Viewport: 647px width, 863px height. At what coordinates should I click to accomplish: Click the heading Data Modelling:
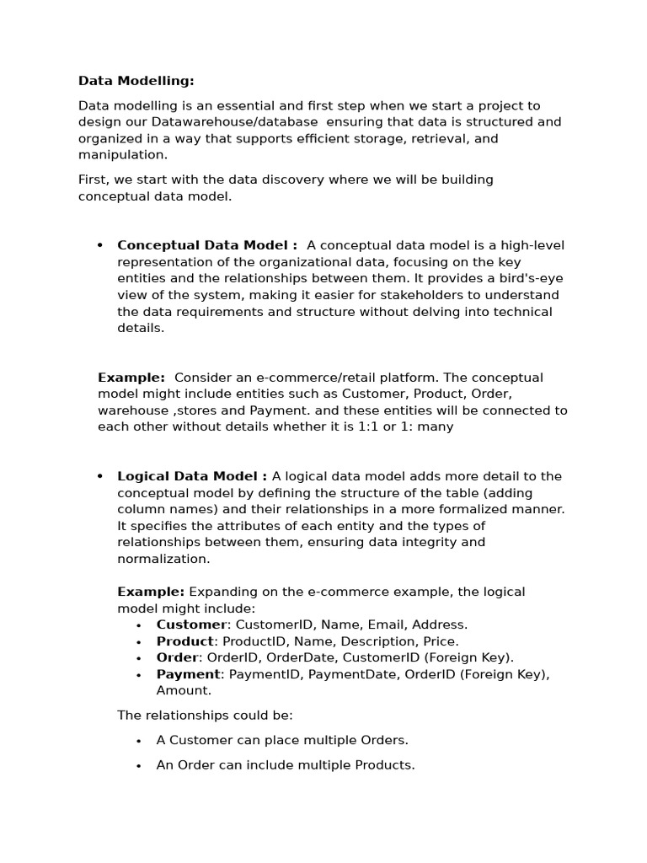[136, 81]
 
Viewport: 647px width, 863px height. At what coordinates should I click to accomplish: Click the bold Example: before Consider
[131, 378]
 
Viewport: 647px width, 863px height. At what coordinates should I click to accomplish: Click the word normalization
[163, 559]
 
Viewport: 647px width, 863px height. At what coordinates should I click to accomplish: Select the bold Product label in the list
[185, 641]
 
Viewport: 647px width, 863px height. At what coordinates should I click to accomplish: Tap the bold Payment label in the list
[189, 674]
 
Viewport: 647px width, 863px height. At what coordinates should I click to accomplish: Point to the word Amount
[183, 690]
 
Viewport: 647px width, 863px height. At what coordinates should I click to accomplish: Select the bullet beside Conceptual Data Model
[100, 246]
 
